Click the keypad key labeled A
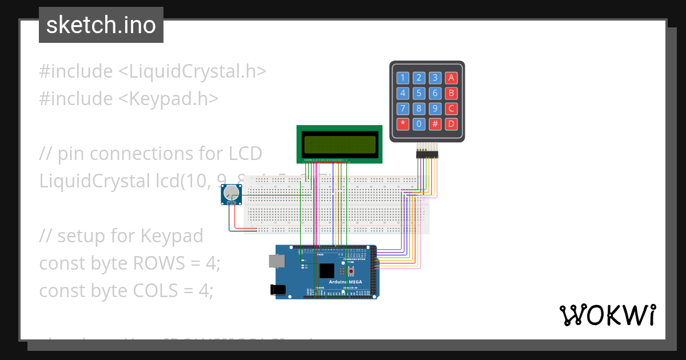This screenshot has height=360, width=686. (452, 78)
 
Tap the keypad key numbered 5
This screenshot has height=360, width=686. (419, 93)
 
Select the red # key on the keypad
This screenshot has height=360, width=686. (435, 123)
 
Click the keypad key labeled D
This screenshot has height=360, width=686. (452, 123)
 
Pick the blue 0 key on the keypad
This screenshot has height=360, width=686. (419, 123)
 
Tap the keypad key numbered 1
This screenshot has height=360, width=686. (403, 78)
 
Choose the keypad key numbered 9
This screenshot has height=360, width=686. (435, 109)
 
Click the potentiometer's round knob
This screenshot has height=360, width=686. (232, 193)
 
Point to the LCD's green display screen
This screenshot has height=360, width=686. (340, 143)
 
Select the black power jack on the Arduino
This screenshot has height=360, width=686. (278, 290)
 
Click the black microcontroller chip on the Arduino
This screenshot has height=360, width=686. (327, 271)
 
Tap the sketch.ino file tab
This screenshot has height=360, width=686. (101, 25)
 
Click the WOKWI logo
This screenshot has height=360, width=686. (607, 315)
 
